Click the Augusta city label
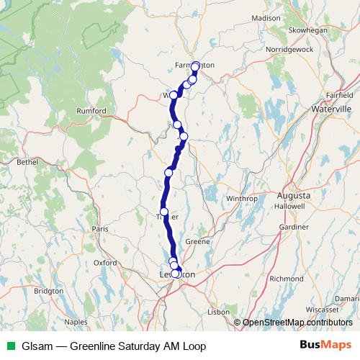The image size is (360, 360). pos(294,195)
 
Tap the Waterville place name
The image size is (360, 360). pos(310,108)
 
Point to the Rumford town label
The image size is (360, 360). pos(92,110)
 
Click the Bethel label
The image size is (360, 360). pos(27,163)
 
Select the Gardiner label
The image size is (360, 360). pos(293,227)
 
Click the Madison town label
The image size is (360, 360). pos(266,17)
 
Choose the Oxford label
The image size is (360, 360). pos(105,263)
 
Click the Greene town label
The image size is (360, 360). pos(197,241)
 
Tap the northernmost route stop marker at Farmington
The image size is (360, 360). pos(195,66)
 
